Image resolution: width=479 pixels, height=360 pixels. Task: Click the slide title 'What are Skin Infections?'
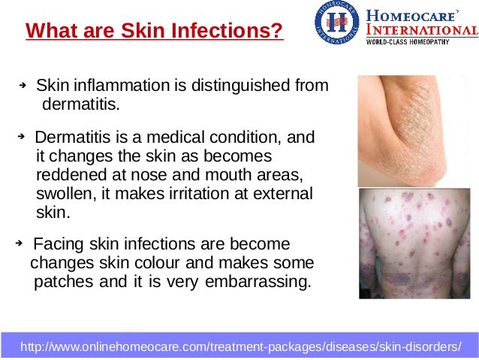pos(155,32)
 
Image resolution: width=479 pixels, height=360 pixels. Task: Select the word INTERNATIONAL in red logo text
pos(421,30)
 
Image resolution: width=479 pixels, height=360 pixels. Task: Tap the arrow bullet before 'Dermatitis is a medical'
pos(22,138)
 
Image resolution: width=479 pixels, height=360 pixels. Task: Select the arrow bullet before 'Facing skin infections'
pos(20,244)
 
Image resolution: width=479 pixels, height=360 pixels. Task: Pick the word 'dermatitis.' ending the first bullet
pos(80,104)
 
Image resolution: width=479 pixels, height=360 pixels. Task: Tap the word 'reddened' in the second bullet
pos(66,176)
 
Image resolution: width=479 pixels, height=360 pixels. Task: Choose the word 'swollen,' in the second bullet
pos(64,194)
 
